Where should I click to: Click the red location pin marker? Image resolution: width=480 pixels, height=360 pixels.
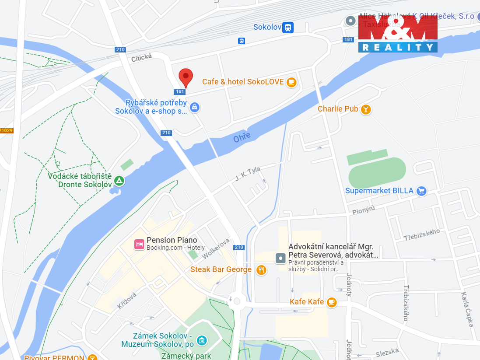pos(186,77)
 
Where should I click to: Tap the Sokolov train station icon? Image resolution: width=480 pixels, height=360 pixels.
pos(287,28)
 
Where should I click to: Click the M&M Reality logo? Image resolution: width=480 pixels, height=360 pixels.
pos(398,34)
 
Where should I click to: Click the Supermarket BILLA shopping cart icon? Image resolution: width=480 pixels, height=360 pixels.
pos(421,191)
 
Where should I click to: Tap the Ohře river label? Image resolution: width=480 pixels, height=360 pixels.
pos(242,137)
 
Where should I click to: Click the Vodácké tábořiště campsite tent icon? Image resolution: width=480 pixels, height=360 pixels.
pos(119,180)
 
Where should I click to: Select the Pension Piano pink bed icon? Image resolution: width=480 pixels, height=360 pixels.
pos(139,244)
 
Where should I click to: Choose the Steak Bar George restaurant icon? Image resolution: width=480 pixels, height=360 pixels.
pos(261,269)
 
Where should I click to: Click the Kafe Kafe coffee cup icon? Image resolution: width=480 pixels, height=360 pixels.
pos(332,302)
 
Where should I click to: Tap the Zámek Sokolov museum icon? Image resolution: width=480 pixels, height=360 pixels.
pos(201,340)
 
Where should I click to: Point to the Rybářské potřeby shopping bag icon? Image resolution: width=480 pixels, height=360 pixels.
pos(195,107)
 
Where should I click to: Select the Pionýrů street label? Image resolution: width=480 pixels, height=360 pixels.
pos(364,210)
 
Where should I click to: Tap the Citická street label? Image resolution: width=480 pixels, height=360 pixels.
pos(141,57)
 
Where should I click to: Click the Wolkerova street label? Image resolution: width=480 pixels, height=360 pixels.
pos(216,248)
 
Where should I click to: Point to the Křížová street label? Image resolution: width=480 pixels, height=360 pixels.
pos(127,301)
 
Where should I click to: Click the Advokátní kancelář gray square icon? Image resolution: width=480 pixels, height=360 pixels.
pos(280,258)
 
